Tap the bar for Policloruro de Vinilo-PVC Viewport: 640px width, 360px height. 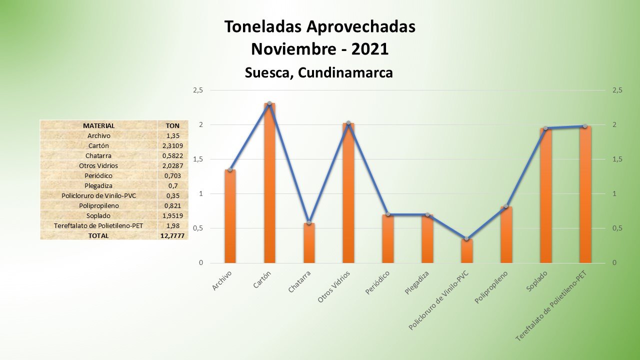point(466,251)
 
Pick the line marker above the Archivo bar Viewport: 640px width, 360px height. point(230,170)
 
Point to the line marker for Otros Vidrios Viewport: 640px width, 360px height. point(348,123)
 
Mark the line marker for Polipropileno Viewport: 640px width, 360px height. point(506,206)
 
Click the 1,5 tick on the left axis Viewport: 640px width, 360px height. point(198,159)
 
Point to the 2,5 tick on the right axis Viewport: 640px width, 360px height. point(617,90)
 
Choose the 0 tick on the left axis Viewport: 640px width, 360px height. point(201,263)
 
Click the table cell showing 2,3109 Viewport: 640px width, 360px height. point(172,145)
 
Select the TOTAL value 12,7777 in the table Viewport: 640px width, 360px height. point(172,235)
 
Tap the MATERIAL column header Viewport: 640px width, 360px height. point(98,125)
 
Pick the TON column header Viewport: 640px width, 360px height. point(172,125)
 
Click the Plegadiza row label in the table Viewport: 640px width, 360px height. point(98,185)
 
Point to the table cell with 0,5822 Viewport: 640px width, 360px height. point(172,155)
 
